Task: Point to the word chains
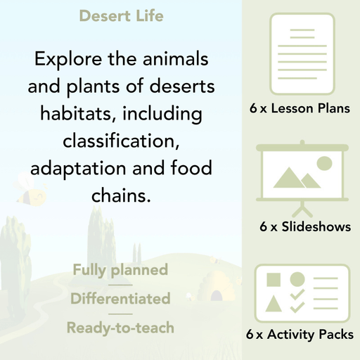click(121, 195)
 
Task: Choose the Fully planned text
click(120, 270)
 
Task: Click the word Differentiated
click(120, 299)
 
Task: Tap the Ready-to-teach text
click(120, 328)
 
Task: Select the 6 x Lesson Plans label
click(300, 109)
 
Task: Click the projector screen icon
click(300, 175)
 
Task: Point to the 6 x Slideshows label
click(305, 227)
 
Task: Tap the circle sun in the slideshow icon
click(324, 164)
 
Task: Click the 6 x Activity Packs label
click(300, 335)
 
